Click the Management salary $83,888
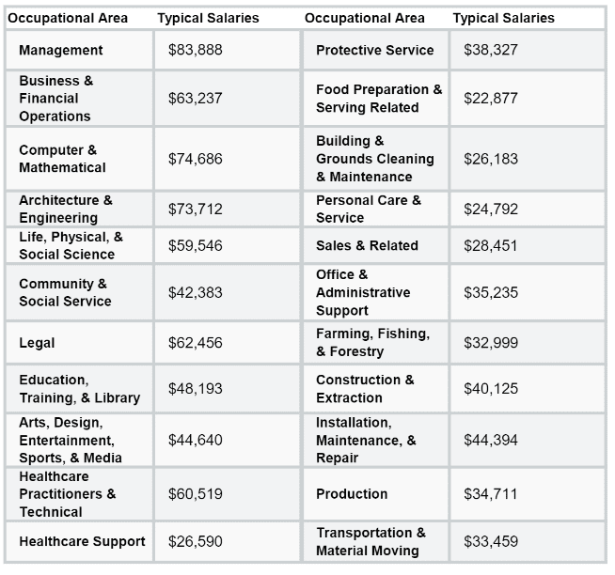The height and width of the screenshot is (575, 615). coord(196,50)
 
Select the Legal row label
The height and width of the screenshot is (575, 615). coord(37,343)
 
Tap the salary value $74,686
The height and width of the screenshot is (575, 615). coord(196,159)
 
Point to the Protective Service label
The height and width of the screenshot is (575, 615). coord(375,50)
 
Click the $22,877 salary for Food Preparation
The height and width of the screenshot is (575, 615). coord(491,98)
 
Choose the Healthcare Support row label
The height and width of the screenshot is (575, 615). coord(82,541)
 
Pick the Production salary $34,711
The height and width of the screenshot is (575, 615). coord(490,494)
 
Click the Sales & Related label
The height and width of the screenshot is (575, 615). coord(367,245)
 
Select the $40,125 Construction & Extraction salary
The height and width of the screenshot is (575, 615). coord(491,388)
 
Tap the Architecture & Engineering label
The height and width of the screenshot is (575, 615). coord(66,209)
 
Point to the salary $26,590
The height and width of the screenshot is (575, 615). coord(196,541)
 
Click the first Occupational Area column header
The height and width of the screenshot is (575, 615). coord(68,18)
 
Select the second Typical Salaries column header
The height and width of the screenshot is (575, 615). coord(504,18)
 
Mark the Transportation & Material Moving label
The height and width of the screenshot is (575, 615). coord(371,542)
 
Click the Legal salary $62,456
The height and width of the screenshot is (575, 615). coord(196,343)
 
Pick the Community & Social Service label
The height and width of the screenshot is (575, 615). coord(65,292)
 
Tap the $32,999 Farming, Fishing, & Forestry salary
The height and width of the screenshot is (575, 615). coord(491,343)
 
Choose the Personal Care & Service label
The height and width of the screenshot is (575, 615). coord(369,209)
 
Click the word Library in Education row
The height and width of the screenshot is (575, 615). coord(117,397)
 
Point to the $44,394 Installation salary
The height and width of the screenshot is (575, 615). coord(491,440)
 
